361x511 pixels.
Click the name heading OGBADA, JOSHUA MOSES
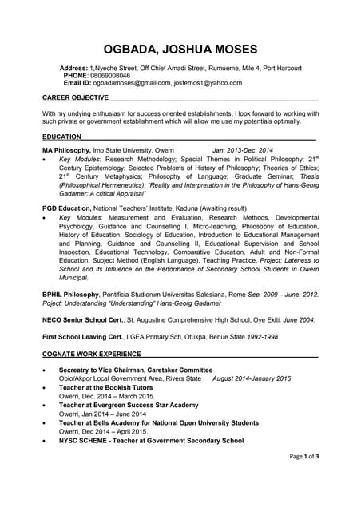[x=180, y=49]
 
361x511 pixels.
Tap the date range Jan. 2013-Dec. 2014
[x=243, y=150]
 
